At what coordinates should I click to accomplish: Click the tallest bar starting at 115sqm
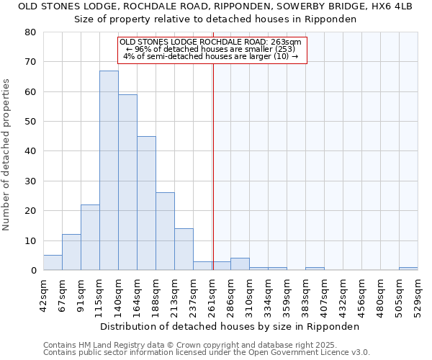(109, 171)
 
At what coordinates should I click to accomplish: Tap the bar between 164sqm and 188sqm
(146, 203)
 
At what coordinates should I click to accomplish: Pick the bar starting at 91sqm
(90, 238)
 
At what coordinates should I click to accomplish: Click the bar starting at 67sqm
(71, 252)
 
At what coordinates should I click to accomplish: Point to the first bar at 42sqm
(53, 263)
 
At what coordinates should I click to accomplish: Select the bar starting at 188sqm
(165, 231)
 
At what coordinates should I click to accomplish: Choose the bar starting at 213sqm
(184, 249)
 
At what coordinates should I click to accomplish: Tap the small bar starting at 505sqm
(408, 269)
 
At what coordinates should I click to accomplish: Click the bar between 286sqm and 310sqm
(240, 264)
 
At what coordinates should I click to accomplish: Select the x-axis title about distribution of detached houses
(230, 326)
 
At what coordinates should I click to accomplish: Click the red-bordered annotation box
(212, 50)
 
